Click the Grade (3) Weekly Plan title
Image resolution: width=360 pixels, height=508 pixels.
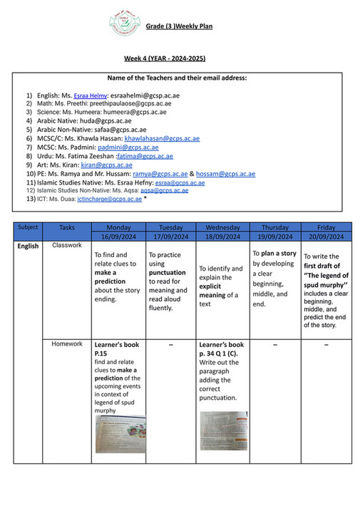click(179, 27)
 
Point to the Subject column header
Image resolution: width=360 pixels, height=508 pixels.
click(28, 227)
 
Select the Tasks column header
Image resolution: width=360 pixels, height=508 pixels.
click(67, 227)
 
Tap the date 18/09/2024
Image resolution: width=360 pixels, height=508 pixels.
click(222, 236)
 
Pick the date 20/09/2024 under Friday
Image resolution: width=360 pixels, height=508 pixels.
click(326, 236)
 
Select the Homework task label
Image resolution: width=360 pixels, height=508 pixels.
click(67, 343)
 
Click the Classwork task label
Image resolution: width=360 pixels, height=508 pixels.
click(67, 245)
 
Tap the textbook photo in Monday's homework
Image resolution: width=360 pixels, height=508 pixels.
click(120, 434)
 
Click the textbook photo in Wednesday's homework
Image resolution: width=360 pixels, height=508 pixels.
click(223, 430)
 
